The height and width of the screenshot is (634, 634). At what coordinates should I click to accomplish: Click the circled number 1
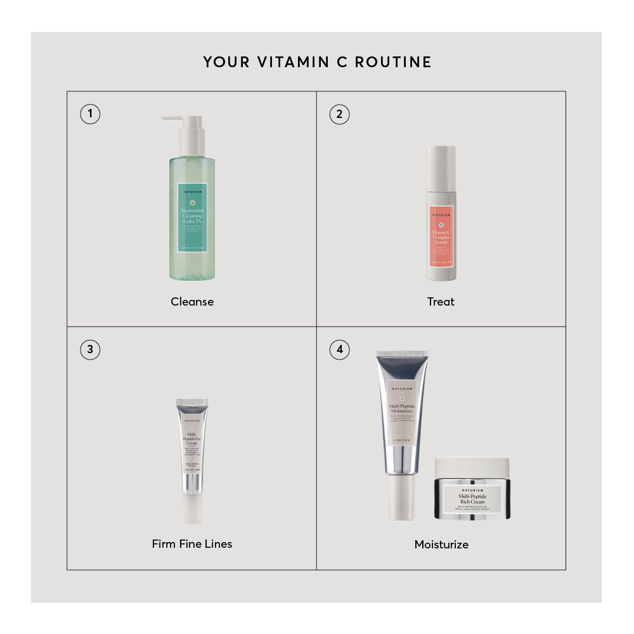tap(90, 114)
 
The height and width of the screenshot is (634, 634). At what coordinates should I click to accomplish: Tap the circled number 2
tap(339, 114)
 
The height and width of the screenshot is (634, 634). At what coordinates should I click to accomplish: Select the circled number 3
tap(90, 349)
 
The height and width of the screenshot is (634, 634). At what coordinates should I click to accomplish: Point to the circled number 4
tap(339, 349)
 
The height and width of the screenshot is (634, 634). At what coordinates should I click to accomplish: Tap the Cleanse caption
tap(192, 302)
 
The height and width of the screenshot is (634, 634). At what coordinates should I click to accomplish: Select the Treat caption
tap(441, 302)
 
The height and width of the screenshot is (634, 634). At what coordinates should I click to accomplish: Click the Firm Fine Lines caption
tap(192, 544)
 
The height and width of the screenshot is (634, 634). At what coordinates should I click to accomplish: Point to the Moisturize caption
tap(441, 545)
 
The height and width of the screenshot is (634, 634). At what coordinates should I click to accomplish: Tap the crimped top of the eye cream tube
tap(192, 403)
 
